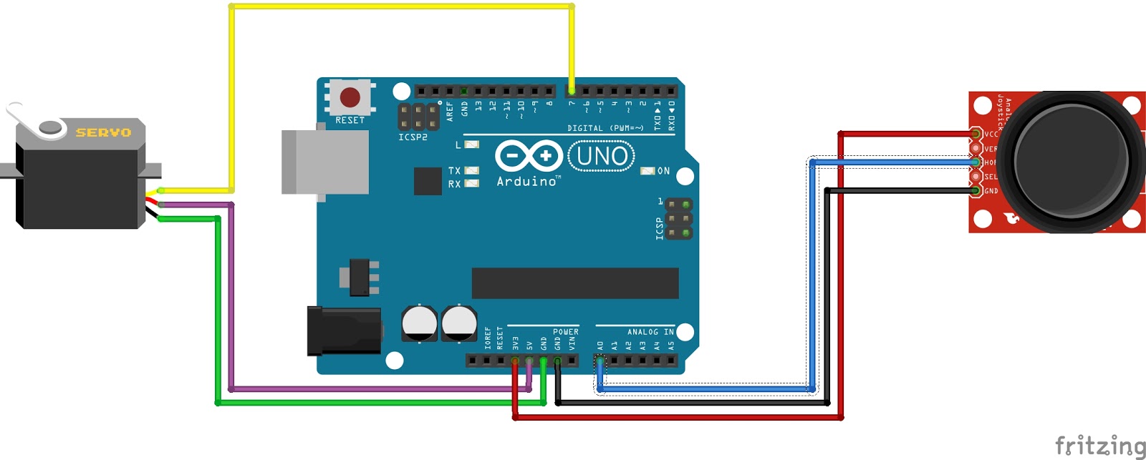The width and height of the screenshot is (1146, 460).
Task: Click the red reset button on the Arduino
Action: click(x=350, y=97)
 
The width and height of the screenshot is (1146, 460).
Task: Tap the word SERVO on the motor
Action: click(x=103, y=132)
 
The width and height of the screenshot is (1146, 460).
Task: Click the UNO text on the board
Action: click(x=602, y=156)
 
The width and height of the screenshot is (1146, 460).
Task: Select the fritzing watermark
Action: click(x=1099, y=446)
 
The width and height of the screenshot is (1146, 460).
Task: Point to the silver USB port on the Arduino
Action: click(x=324, y=162)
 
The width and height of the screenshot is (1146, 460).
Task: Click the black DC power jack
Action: click(x=344, y=331)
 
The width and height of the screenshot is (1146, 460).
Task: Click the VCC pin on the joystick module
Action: click(x=976, y=134)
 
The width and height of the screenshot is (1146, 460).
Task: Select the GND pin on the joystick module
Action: click(x=976, y=190)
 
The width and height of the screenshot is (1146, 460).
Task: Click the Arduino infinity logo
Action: click(x=529, y=155)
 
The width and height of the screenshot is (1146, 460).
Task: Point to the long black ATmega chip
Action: click(x=574, y=283)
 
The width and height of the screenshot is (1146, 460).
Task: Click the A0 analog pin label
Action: click(x=600, y=346)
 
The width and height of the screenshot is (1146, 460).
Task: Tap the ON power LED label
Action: click(x=663, y=171)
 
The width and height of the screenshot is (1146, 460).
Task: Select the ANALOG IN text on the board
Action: click(x=650, y=332)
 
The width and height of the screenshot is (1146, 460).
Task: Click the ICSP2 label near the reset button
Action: click(x=413, y=137)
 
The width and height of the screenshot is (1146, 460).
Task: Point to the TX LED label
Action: click(x=454, y=171)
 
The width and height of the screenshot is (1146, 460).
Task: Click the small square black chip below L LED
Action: click(x=428, y=181)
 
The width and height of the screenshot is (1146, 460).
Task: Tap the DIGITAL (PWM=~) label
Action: click(x=605, y=128)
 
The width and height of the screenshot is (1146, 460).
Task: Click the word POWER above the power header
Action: click(x=565, y=332)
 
